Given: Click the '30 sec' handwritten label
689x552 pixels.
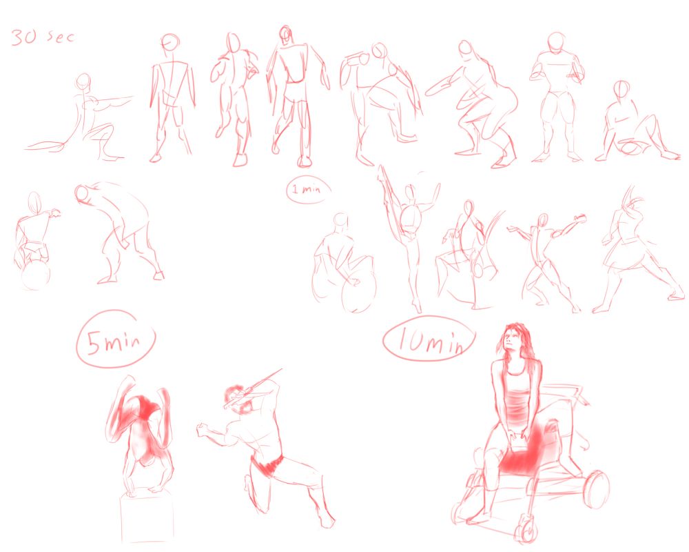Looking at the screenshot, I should click(x=42, y=37).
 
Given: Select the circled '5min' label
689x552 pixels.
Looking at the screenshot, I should click(x=116, y=339).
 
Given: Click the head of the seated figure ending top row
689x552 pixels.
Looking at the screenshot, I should click(x=622, y=90).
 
